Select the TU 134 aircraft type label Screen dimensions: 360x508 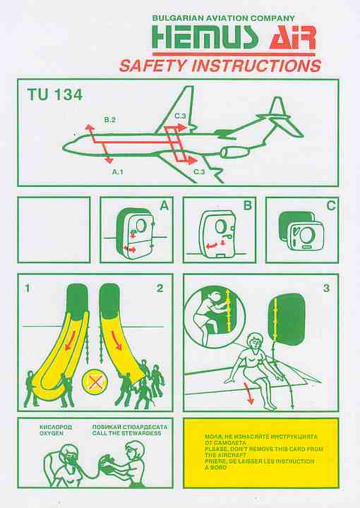tap(55, 95)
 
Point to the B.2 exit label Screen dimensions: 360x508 tap(110, 120)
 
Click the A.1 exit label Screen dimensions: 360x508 tap(118, 172)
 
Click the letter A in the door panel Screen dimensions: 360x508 tap(164, 205)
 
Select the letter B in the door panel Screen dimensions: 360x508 tap(247, 205)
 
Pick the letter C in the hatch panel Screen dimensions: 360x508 tap(331, 205)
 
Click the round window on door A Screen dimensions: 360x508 tap(141, 226)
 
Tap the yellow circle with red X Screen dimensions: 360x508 tap(95, 382)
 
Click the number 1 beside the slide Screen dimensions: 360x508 tap(28, 288)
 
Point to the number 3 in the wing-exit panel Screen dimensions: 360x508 tap(326, 288)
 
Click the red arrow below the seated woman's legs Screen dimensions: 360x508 tap(248, 393)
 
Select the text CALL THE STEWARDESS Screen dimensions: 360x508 tap(126, 433)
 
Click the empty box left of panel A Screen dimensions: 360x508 tap(54, 230)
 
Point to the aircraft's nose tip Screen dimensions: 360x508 tap(63, 148)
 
